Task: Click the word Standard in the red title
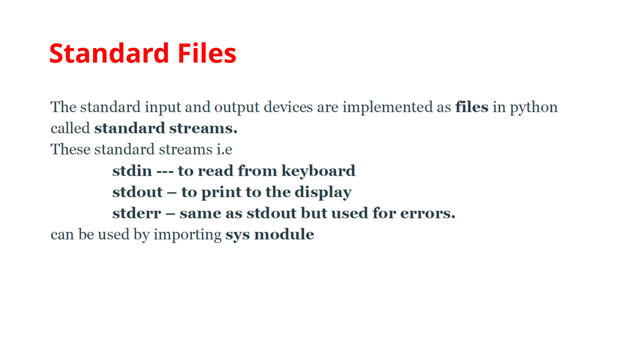click(x=109, y=53)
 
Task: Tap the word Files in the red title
click(x=207, y=53)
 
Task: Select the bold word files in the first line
click(x=472, y=107)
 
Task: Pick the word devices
click(x=288, y=107)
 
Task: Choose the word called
click(x=70, y=128)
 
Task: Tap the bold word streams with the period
click(x=203, y=128)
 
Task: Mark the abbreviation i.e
click(x=224, y=149)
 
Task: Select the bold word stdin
click(x=132, y=171)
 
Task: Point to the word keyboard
click(x=318, y=171)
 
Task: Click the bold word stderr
click(x=137, y=213)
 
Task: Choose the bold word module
click(x=284, y=234)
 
